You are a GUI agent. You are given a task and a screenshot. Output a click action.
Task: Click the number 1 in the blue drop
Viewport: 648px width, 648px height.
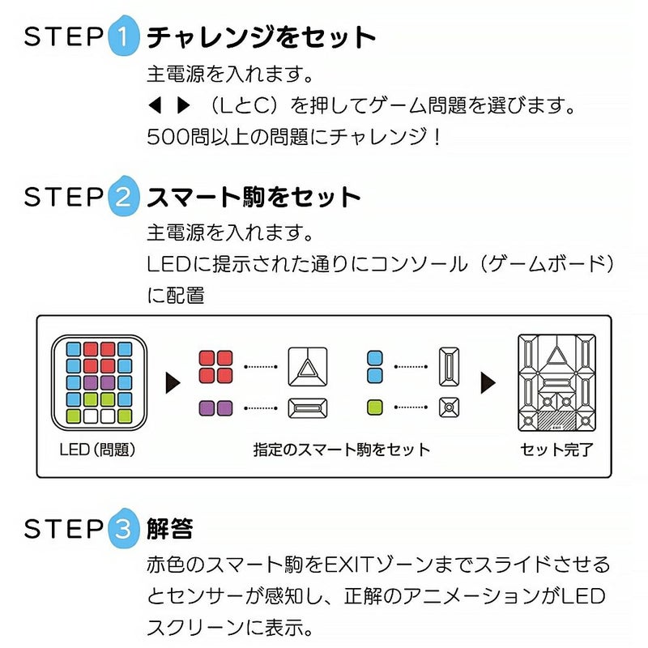(x=122, y=37)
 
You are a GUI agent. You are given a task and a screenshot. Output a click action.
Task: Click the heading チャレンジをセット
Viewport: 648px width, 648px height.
(x=262, y=37)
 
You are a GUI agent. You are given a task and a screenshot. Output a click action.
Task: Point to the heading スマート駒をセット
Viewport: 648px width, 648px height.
(x=253, y=198)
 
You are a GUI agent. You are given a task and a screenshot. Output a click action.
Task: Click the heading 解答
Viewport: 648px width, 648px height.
(x=170, y=529)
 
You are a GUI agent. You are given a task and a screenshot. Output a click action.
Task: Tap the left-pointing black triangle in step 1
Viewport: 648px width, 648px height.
(x=155, y=105)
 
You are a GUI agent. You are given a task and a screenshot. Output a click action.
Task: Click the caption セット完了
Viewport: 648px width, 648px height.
(x=556, y=448)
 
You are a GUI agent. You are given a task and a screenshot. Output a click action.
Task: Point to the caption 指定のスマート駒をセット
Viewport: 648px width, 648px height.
(x=341, y=448)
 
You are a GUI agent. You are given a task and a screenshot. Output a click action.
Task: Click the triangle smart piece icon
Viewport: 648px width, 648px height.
(x=308, y=366)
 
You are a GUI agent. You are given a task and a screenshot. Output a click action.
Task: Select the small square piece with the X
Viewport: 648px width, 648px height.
(x=449, y=408)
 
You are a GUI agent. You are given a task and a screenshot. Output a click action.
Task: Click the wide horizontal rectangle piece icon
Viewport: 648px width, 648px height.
(x=308, y=408)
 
